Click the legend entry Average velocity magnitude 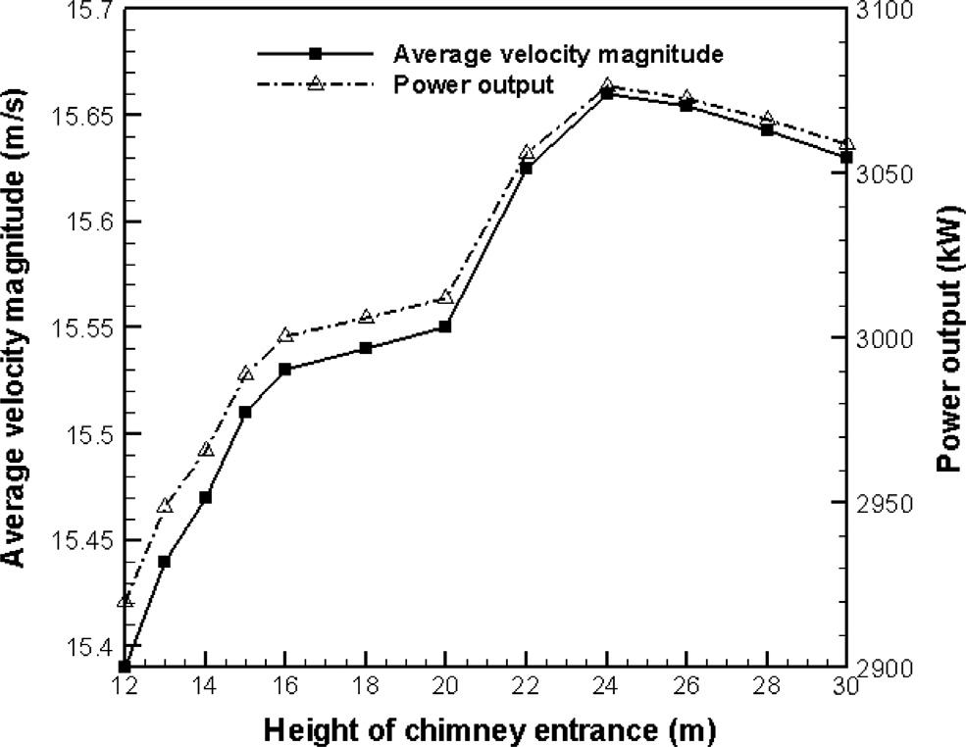(x=559, y=54)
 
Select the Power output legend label (x=475, y=84)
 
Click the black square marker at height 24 (x=607, y=93)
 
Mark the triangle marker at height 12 (x=125, y=600)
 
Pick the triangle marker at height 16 (x=285, y=335)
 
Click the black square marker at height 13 (x=165, y=562)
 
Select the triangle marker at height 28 (x=768, y=118)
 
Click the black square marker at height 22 (x=527, y=169)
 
